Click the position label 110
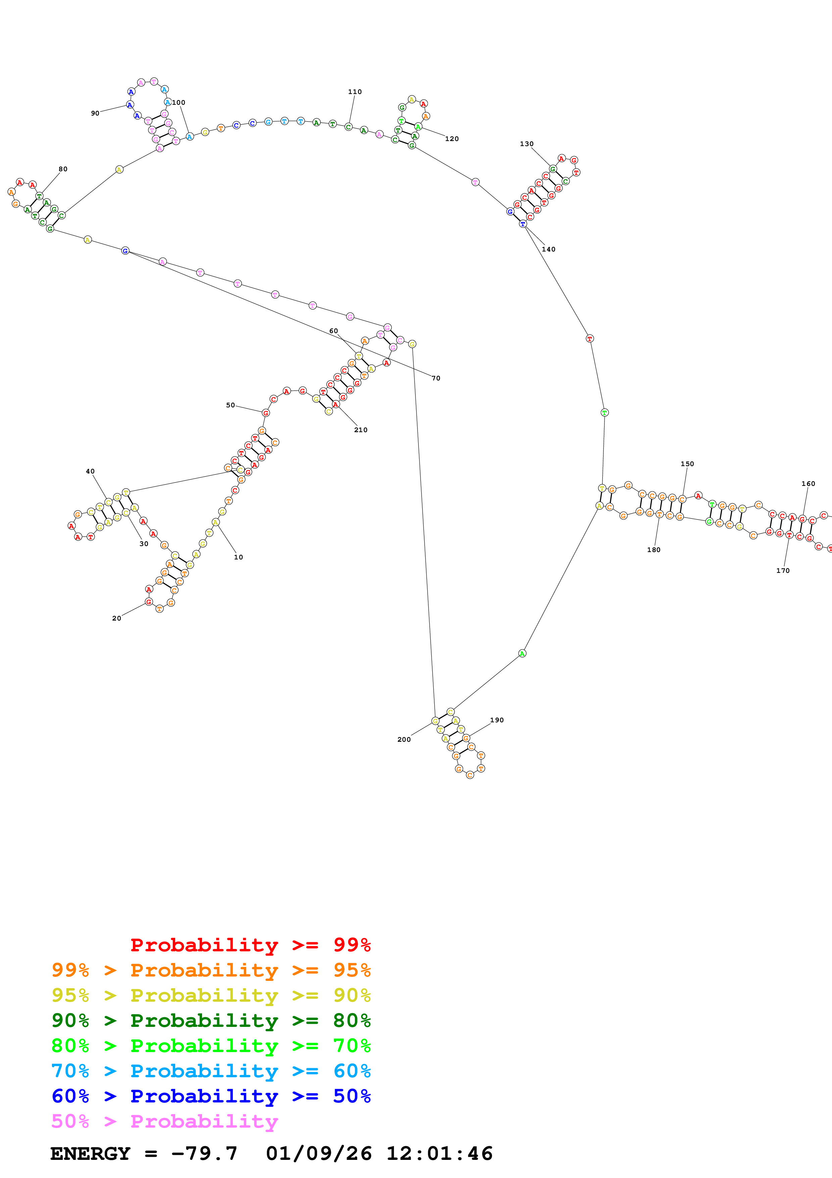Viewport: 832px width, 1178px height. pyautogui.click(x=355, y=92)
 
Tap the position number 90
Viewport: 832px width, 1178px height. pyautogui.click(x=95, y=114)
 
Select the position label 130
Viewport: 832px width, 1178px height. pyautogui.click(x=527, y=144)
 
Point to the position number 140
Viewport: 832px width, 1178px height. pyautogui.click(x=548, y=250)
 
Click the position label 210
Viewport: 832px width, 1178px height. pyautogui.click(x=360, y=430)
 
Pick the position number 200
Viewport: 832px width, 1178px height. pyautogui.click(x=404, y=739)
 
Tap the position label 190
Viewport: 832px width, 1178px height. pyautogui.click(x=497, y=720)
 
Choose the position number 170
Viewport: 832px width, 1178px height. pyautogui.click(x=783, y=571)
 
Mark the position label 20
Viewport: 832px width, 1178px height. pyautogui.click(x=117, y=618)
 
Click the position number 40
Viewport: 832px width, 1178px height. pyautogui.click(x=90, y=471)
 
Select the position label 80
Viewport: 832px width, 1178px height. pyautogui.click(x=63, y=169)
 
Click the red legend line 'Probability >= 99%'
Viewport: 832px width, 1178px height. pyautogui.click(x=250, y=945)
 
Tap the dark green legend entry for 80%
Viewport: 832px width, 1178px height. pyautogui.click(x=211, y=1021)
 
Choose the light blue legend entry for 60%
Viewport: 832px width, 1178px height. pyautogui.click(x=211, y=1071)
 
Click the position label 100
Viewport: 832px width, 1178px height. pyautogui.click(x=179, y=103)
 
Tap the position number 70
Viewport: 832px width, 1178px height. pyautogui.click(x=436, y=378)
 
